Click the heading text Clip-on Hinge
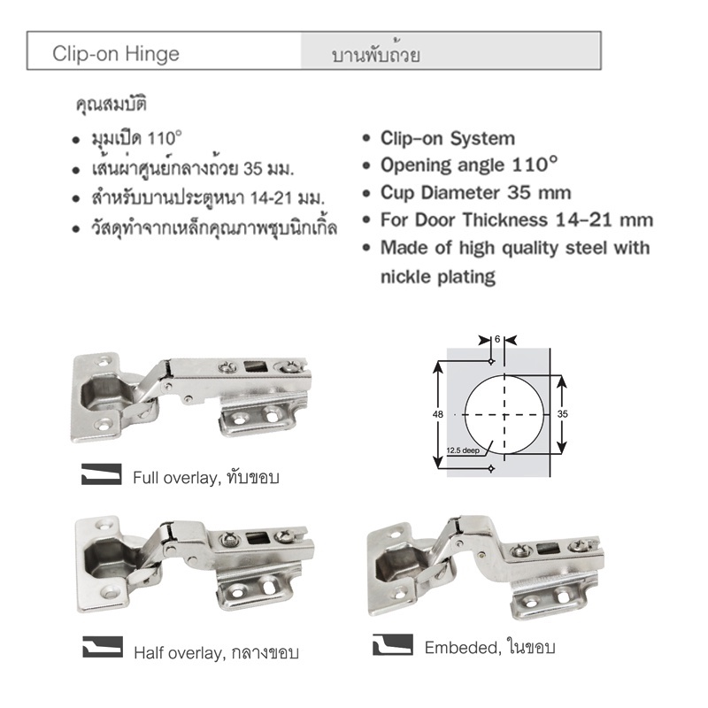(x=116, y=54)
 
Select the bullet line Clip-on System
(x=448, y=139)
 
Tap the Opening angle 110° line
(x=469, y=165)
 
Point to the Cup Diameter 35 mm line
(x=475, y=193)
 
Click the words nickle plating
(x=438, y=276)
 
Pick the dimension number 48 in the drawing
(x=437, y=414)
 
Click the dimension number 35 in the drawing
(x=562, y=413)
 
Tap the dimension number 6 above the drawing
(x=497, y=339)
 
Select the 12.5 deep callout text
(x=463, y=450)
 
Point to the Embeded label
(x=462, y=648)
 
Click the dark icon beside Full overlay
(x=102, y=474)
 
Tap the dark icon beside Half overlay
(x=103, y=647)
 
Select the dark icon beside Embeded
(x=392, y=644)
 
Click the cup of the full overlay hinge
(x=104, y=394)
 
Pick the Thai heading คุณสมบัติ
(x=112, y=105)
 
